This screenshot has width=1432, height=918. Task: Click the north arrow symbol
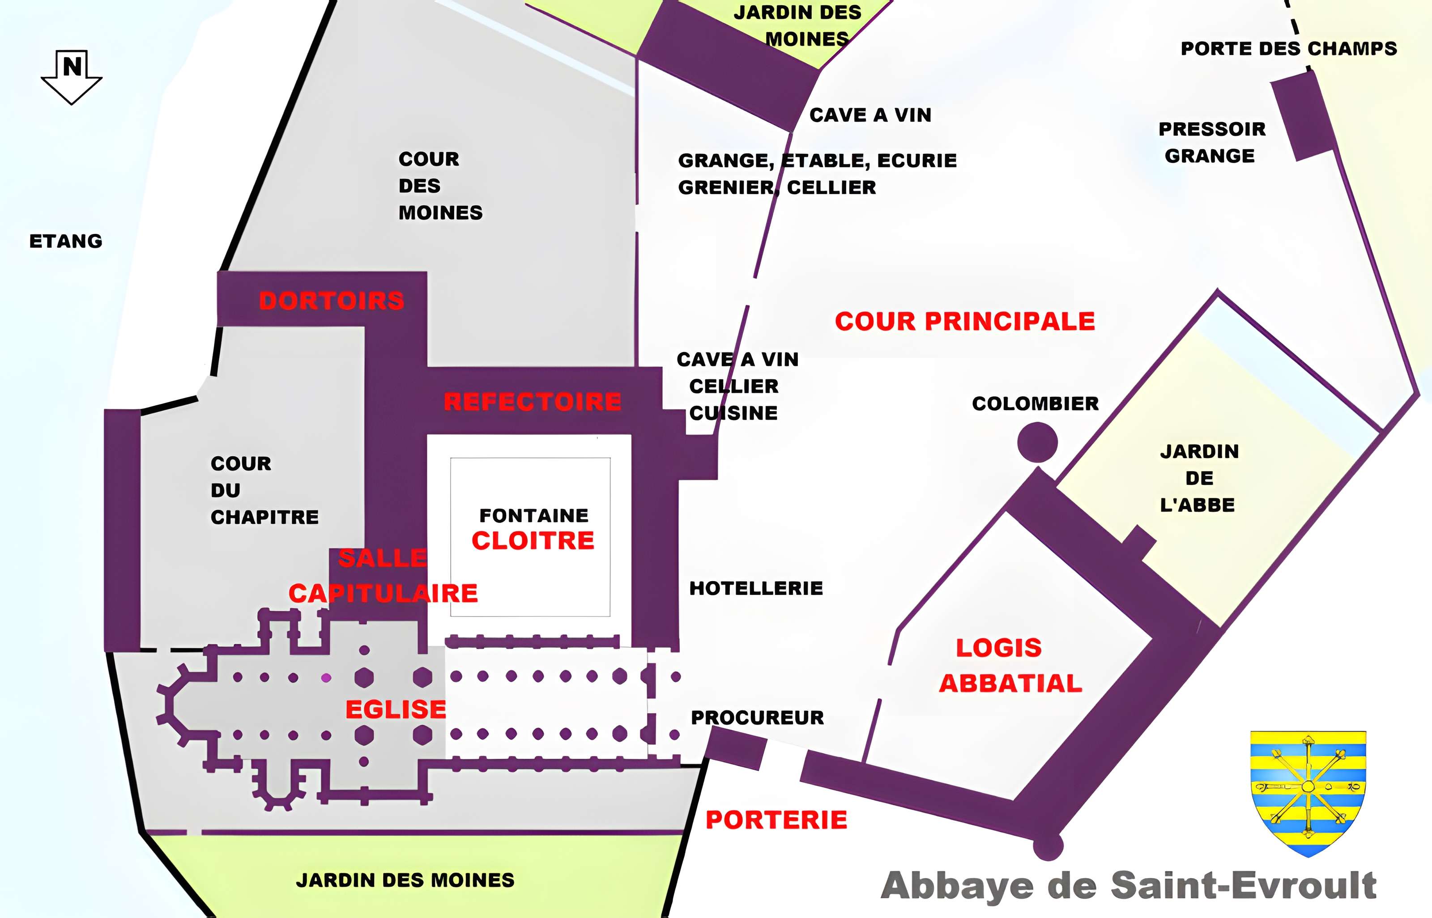72,76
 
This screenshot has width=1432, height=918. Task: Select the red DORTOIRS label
332,301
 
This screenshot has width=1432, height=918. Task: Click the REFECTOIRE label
533,402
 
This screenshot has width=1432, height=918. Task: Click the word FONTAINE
533,515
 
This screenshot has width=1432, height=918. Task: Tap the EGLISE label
396,710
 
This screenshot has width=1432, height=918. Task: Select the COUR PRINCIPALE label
965,321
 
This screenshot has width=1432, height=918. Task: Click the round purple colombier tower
1037,442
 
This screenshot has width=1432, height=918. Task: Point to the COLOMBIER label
1035,404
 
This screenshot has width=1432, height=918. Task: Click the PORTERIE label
776,820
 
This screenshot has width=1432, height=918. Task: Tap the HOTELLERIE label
756,588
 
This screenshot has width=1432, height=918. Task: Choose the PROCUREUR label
757,718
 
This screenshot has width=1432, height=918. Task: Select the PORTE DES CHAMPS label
1289,48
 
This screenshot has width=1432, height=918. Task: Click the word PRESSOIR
1212,129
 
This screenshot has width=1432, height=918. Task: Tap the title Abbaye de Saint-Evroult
1129,885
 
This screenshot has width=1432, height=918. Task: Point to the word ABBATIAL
1010,683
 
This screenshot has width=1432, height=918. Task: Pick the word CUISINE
733,413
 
